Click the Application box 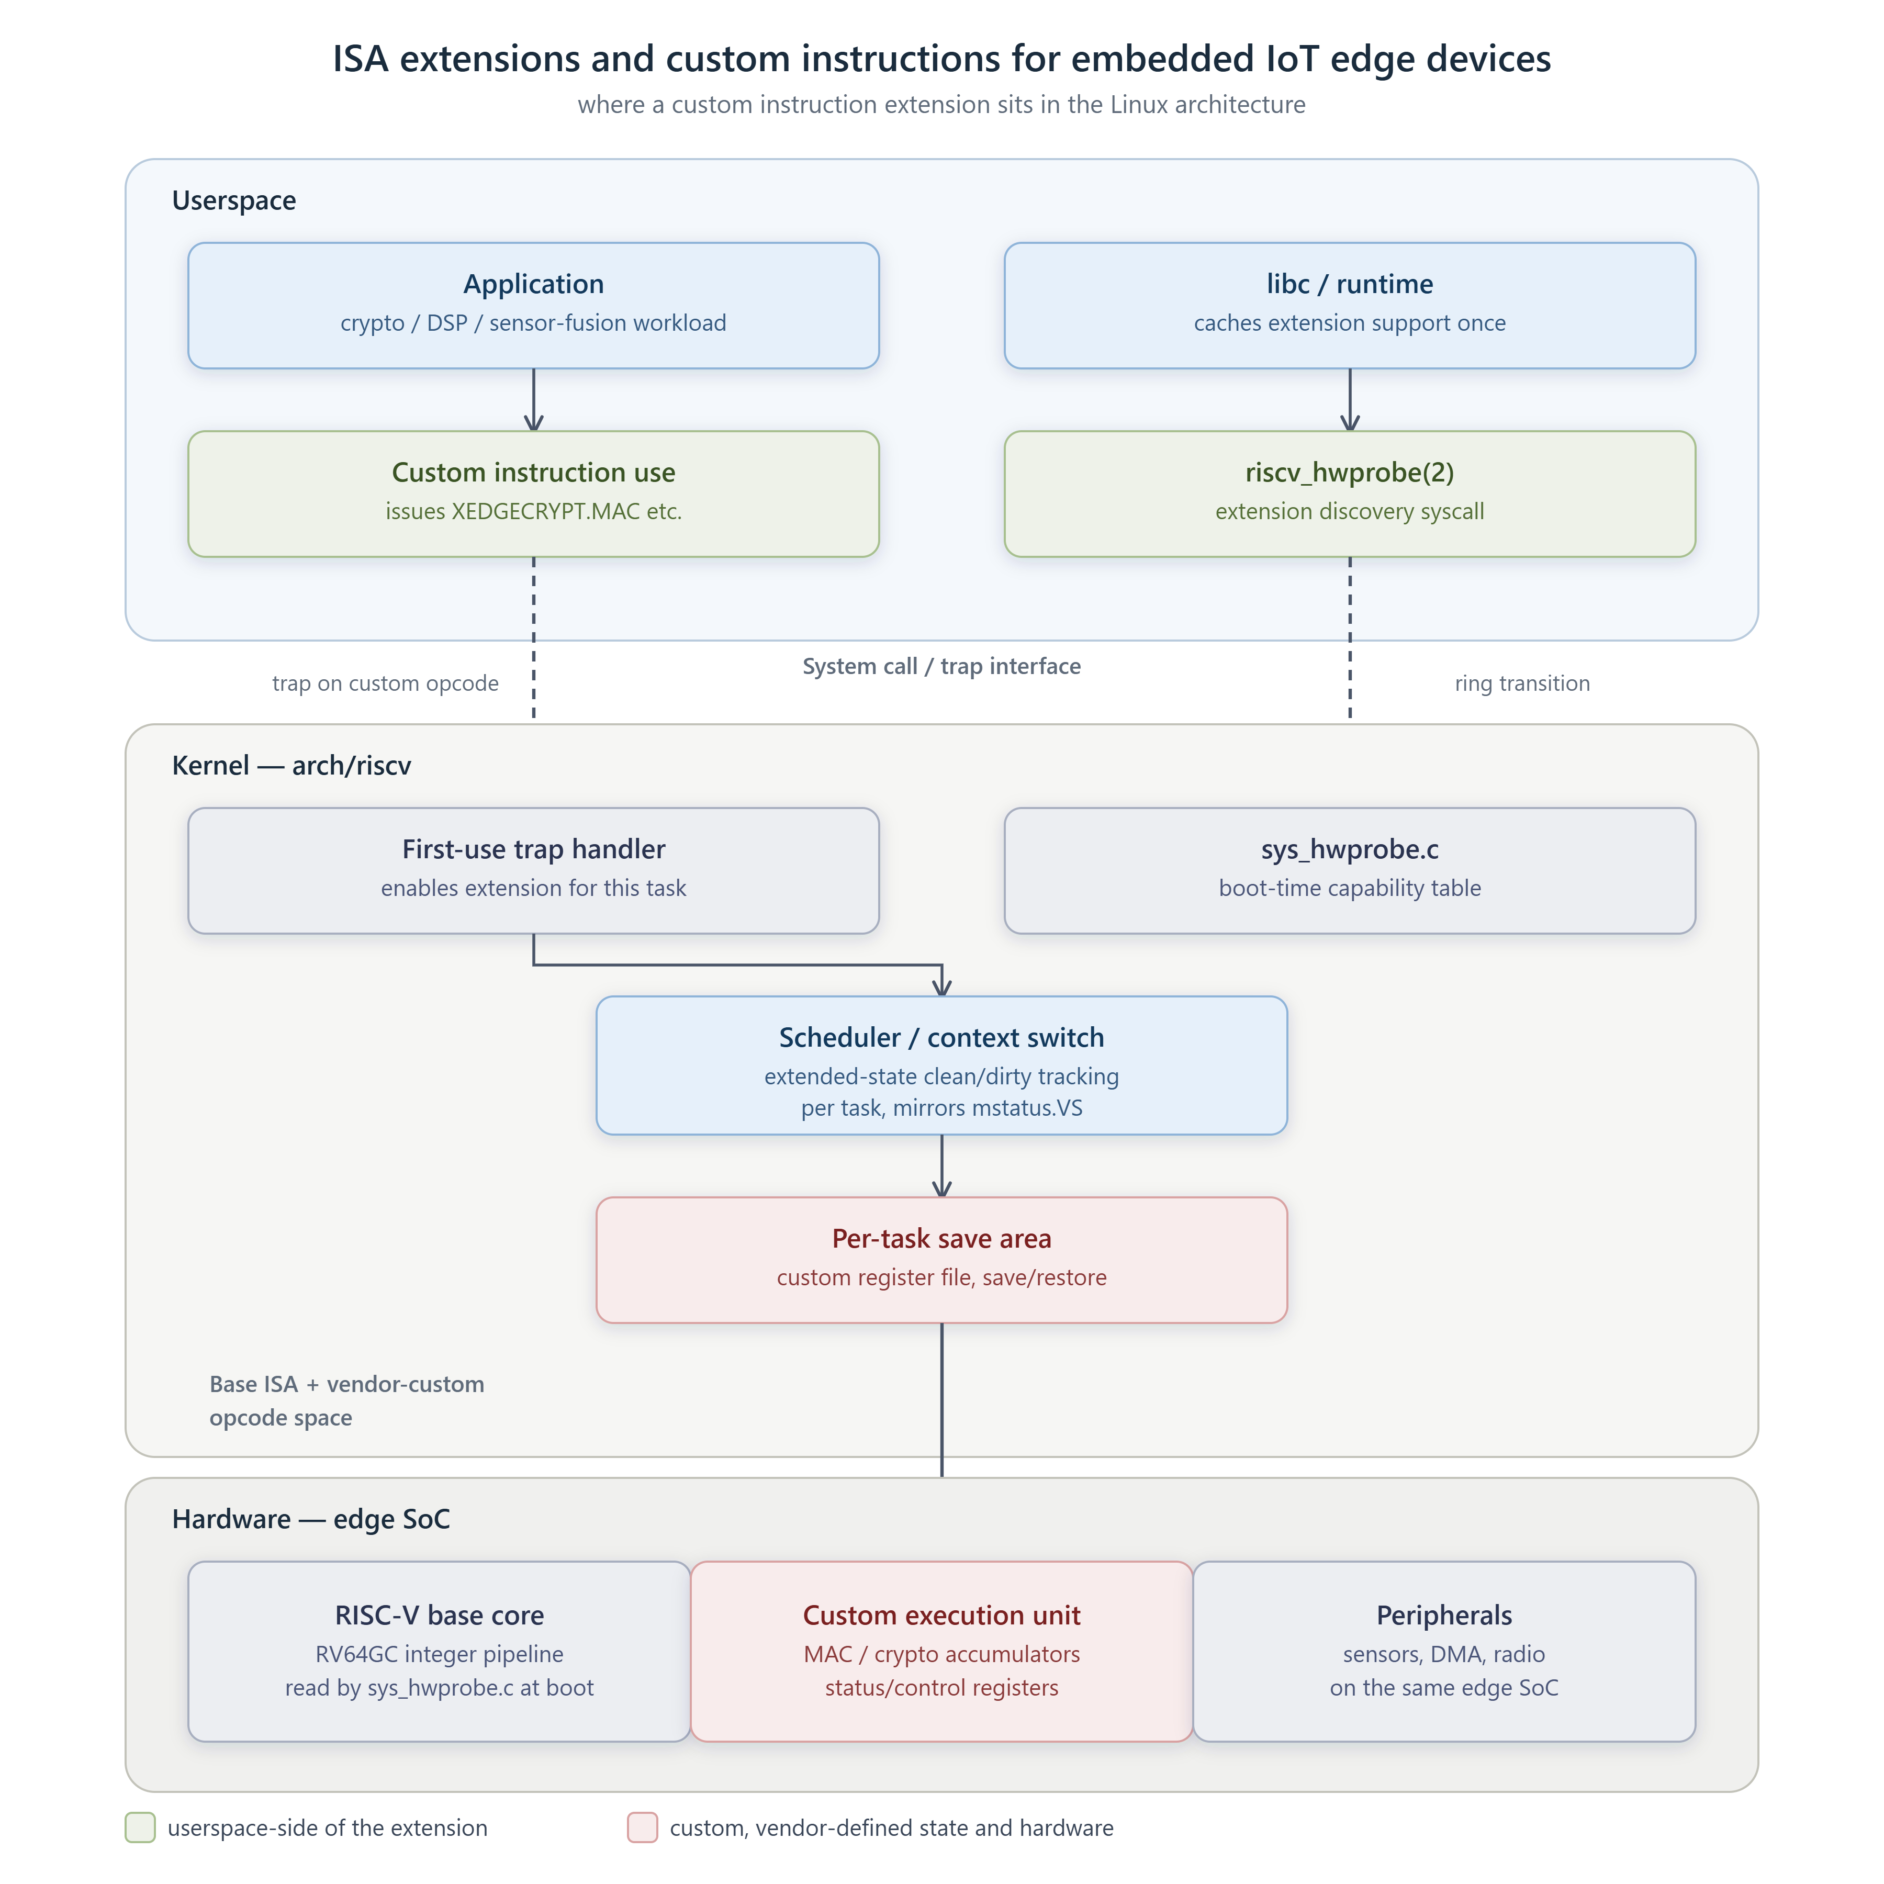click(533, 305)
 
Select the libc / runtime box click(1350, 305)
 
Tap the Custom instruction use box click(533, 494)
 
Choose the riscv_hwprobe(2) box click(1350, 494)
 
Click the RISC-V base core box click(439, 1651)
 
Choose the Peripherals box click(1444, 1651)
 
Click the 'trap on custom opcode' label click(385, 683)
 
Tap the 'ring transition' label click(1522, 683)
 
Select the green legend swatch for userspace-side click(140, 1827)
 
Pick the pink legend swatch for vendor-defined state click(643, 1827)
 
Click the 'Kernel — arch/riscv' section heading click(291, 766)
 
